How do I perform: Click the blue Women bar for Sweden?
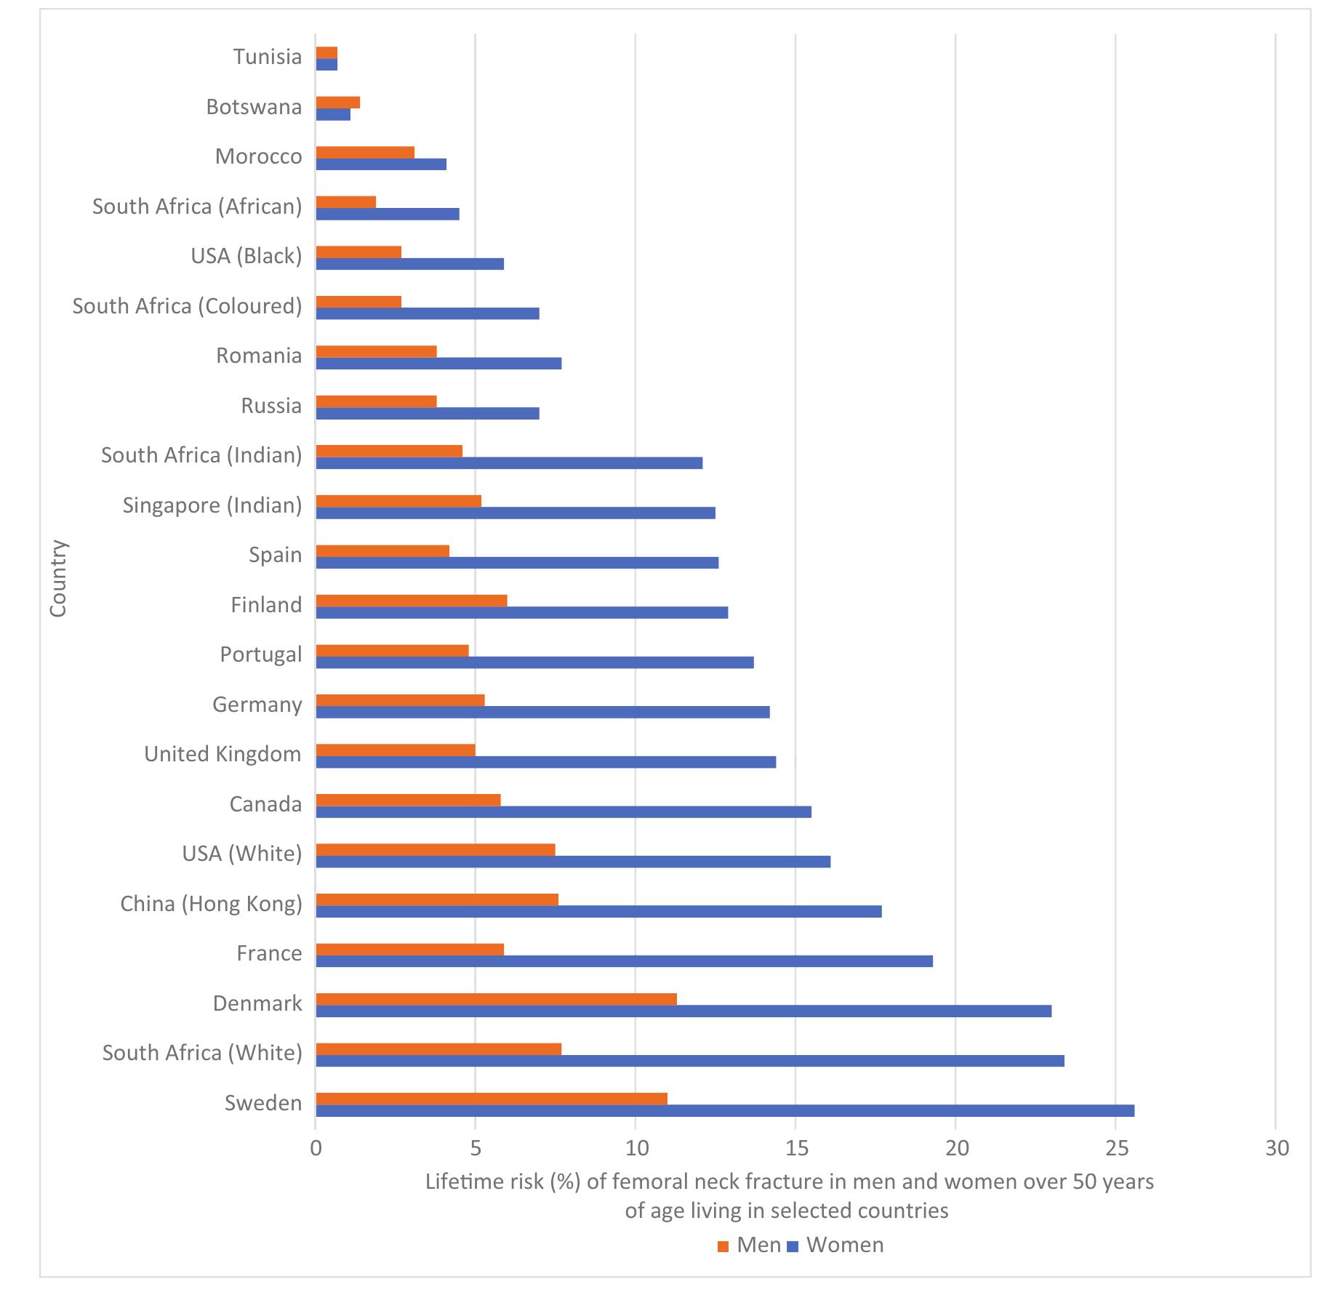(724, 1110)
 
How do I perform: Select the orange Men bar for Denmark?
(496, 999)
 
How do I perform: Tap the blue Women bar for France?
(624, 961)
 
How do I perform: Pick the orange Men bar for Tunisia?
(326, 52)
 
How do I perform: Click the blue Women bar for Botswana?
(333, 114)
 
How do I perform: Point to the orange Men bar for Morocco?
(365, 152)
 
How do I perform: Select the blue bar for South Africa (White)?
(689, 1061)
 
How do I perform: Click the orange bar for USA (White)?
(435, 849)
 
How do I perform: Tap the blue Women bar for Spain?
(517, 563)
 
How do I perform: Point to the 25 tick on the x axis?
(1115, 1148)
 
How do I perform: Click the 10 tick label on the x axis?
(636, 1148)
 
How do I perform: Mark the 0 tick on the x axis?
(316, 1148)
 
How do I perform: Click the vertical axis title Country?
(58, 578)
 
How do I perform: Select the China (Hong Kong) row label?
(211, 904)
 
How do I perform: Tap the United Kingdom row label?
(222, 754)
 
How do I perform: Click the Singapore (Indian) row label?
(212, 505)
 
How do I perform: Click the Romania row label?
(259, 356)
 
